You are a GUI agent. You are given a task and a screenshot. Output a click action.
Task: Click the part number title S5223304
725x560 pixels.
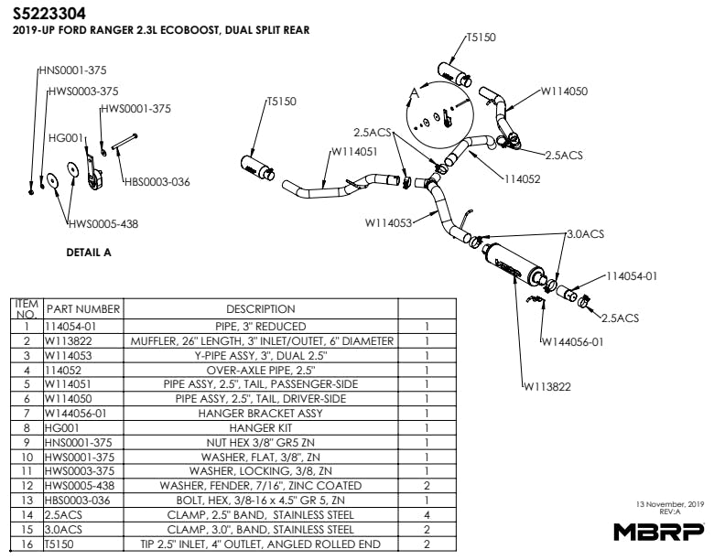[52, 13]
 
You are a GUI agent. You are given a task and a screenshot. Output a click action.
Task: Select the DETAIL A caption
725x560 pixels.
[89, 253]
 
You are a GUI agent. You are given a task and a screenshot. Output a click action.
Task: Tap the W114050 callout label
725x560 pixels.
[564, 91]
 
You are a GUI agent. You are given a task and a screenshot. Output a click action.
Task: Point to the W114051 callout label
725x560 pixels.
[353, 152]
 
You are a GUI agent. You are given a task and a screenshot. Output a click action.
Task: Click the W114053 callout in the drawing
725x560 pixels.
[388, 221]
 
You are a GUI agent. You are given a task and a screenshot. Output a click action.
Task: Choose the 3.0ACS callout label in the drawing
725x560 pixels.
[586, 234]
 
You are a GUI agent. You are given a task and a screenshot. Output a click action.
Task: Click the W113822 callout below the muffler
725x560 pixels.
[546, 386]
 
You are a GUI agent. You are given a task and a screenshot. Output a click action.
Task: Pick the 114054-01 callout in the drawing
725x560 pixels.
[632, 275]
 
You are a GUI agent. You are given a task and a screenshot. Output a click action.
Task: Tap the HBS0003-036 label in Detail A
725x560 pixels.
[157, 181]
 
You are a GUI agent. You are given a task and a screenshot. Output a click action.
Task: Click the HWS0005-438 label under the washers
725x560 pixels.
[103, 223]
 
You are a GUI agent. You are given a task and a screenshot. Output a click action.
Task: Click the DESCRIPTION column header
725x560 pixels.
[260, 309]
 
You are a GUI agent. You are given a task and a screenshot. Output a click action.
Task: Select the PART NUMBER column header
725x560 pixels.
[83, 309]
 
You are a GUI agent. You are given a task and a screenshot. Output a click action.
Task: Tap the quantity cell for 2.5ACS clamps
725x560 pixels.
[427, 513]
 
